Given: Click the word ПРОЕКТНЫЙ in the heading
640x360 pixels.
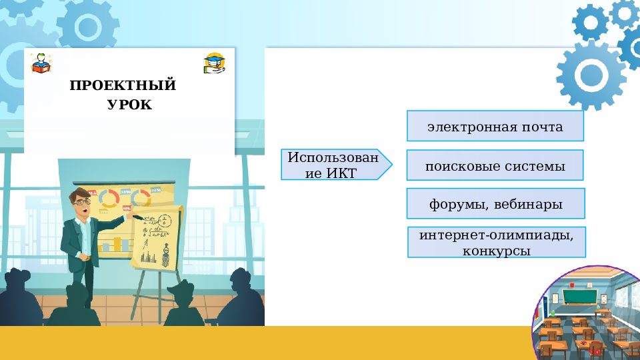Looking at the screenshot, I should coord(123,85).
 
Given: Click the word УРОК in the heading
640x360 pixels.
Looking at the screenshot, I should coord(129,105).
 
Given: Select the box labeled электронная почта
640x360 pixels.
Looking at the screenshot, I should coord(495,126).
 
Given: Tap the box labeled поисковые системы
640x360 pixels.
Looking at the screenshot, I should coord(495,165).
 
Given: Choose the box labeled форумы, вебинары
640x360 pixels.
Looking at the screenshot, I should coord(495,204).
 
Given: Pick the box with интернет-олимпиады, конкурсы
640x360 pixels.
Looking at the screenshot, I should coord(496,243).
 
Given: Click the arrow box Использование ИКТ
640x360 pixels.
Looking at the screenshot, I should coord(333,165).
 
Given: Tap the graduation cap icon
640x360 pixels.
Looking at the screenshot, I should coord(214,63).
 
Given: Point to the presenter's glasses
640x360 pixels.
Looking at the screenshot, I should coord(81,201).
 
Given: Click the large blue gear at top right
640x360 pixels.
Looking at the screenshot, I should coord(591,73).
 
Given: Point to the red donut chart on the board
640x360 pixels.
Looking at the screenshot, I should coord(110,197).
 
